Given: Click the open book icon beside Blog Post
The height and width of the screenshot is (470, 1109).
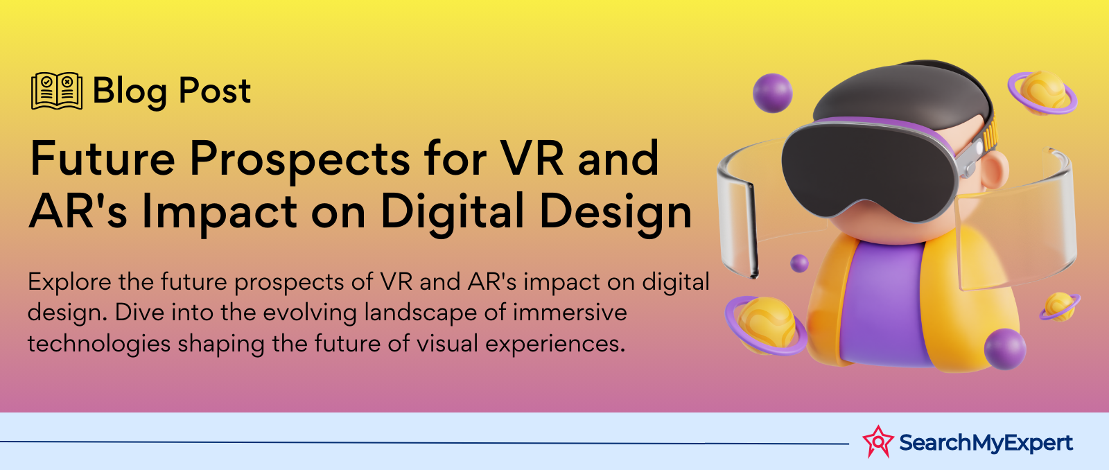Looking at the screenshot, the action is (x=56, y=91).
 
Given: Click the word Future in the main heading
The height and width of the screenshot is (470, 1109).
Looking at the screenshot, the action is (x=103, y=159).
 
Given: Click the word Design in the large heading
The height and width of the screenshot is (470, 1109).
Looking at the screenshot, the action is (x=615, y=213).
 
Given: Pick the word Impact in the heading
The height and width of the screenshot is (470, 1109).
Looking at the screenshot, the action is (x=219, y=213).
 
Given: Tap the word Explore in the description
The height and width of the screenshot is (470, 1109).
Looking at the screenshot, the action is (x=69, y=283).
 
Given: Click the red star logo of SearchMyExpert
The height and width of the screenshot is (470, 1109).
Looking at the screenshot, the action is (x=877, y=442).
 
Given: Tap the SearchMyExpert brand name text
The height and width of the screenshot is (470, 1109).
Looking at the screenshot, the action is (x=986, y=443).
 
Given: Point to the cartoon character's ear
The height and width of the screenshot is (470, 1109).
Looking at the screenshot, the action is (x=995, y=169).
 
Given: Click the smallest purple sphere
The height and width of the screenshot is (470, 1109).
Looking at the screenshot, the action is (x=799, y=263).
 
